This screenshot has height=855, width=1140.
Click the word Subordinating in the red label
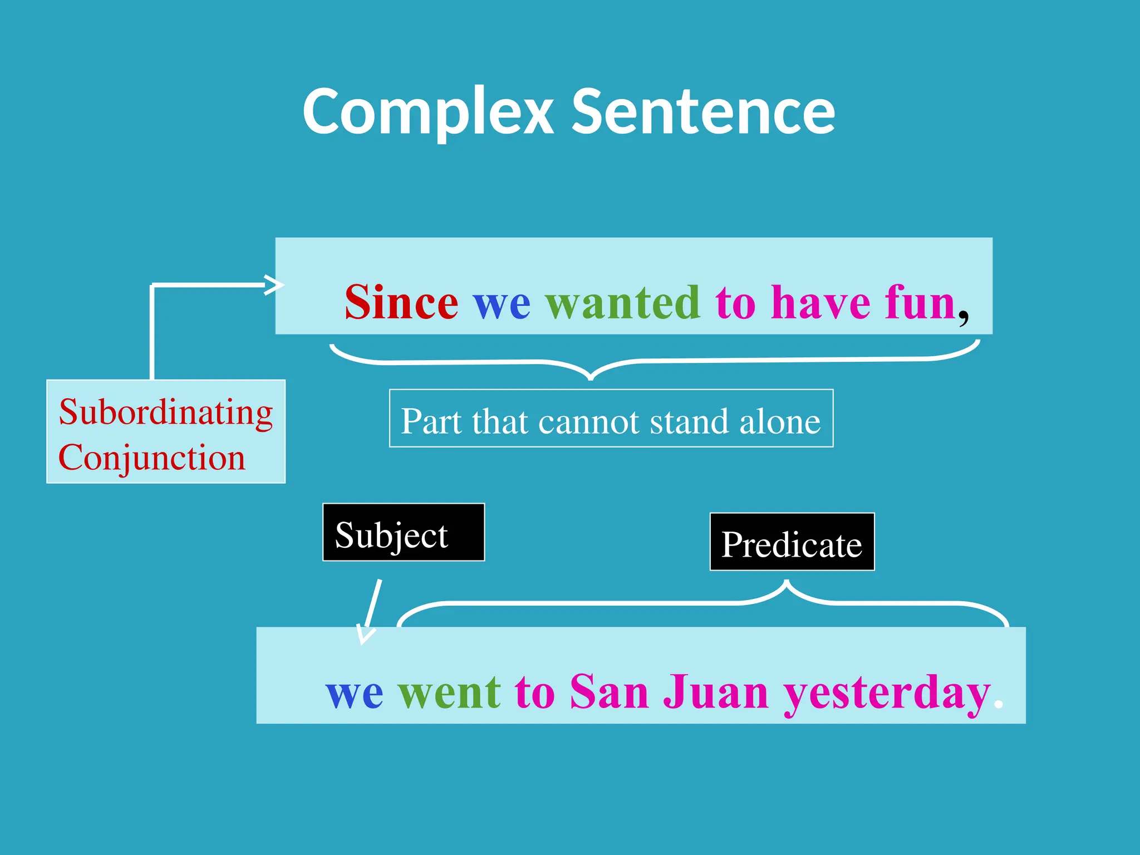point(166,412)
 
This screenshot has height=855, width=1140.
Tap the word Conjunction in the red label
point(151,458)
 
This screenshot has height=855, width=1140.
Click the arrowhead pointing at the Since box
point(276,285)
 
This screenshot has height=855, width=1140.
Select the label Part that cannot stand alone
point(611,421)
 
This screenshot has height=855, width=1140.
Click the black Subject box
point(403,533)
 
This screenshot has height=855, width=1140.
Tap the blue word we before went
point(354,693)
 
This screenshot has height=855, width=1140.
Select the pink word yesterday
point(887,693)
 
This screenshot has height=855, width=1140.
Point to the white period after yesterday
point(999,705)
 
